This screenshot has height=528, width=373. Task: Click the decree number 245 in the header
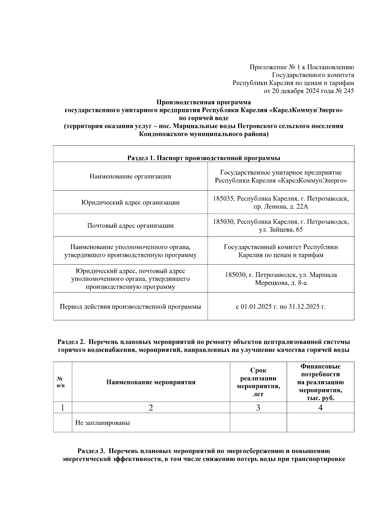[348, 91]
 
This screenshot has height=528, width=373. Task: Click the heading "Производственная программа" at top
[203, 102]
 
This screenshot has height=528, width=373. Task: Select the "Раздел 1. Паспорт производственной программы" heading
[203, 158]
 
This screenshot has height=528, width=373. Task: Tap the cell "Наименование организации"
[130, 176]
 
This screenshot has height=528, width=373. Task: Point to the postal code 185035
[223, 199]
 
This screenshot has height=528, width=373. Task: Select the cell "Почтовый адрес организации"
[130, 226]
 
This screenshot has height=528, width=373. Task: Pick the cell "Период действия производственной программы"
[130, 306]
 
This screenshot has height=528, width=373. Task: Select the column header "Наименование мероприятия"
[151, 382]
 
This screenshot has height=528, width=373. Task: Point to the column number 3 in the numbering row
[258, 408]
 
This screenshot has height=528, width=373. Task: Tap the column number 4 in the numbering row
[320, 408]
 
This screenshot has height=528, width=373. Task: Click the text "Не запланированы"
[103, 423]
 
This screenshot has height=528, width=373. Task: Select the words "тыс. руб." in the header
[320, 398]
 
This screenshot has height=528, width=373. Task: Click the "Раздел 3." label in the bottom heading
[92, 451]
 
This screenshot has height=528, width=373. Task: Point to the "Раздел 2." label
[71, 342]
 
